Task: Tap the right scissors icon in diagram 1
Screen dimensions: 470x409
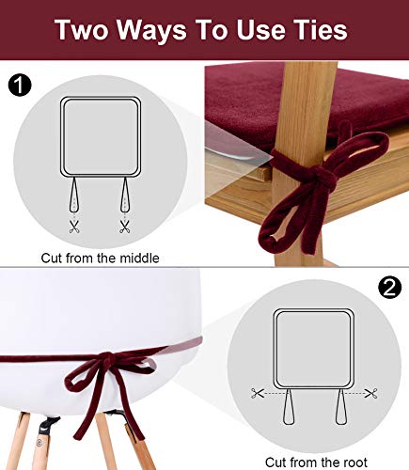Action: coord(124,227)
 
